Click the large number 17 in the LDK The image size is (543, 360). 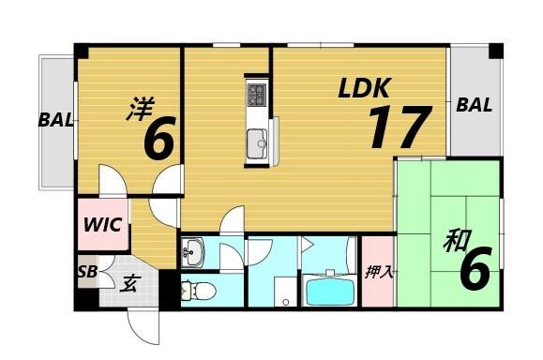(x=398, y=127)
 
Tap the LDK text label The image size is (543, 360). (x=364, y=88)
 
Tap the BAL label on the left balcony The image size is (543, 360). (x=55, y=120)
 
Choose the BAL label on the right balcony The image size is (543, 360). (x=474, y=105)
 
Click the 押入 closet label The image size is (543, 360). (x=378, y=273)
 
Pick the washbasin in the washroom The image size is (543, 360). (x=194, y=250)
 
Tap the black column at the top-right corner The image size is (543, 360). (x=496, y=51)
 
